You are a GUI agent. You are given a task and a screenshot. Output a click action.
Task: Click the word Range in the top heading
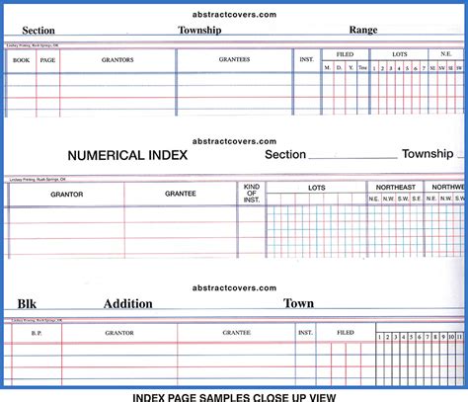click(x=362, y=31)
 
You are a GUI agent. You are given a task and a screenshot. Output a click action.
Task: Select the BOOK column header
click(x=20, y=59)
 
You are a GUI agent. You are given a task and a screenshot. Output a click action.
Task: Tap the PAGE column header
click(x=48, y=59)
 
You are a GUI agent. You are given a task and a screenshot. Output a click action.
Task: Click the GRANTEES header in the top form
click(x=234, y=59)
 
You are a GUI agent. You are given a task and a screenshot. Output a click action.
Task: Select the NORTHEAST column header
click(x=394, y=186)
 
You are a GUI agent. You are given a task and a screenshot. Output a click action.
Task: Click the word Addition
click(x=128, y=303)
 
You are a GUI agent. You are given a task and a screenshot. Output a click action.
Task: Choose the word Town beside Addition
click(x=299, y=303)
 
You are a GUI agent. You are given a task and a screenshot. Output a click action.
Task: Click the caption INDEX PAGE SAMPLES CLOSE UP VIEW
click(x=234, y=395)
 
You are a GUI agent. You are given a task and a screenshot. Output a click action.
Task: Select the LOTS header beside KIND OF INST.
click(x=316, y=187)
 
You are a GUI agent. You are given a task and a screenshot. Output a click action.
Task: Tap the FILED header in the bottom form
click(x=345, y=333)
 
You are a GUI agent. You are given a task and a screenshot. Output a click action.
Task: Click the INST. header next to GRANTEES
click(x=306, y=59)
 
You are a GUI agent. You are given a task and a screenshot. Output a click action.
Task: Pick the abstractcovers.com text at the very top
click(x=235, y=14)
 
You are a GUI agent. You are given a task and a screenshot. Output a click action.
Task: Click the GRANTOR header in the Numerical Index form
click(x=66, y=194)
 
